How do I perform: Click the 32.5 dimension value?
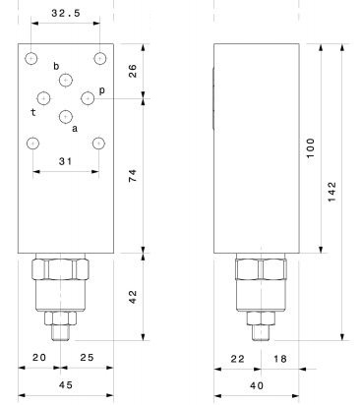click(x=66, y=13)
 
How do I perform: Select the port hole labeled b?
click(x=66, y=80)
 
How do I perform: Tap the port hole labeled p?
click(x=88, y=98)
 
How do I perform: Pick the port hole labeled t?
click(x=43, y=98)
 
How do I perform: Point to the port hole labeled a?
click(x=66, y=116)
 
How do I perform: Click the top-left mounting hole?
click(x=30, y=59)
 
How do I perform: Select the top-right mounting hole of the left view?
click(x=99, y=59)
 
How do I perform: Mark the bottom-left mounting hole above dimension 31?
click(x=32, y=144)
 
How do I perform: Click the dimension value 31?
click(x=65, y=161)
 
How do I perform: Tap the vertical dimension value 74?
click(x=133, y=176)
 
